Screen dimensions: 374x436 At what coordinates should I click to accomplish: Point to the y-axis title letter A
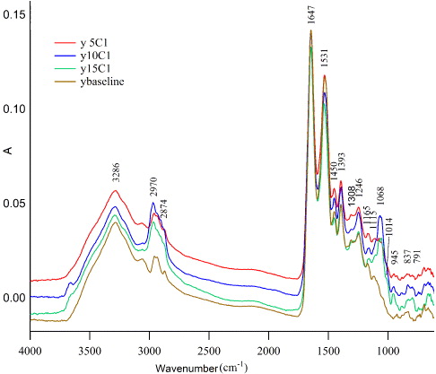[x=8, y=152]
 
